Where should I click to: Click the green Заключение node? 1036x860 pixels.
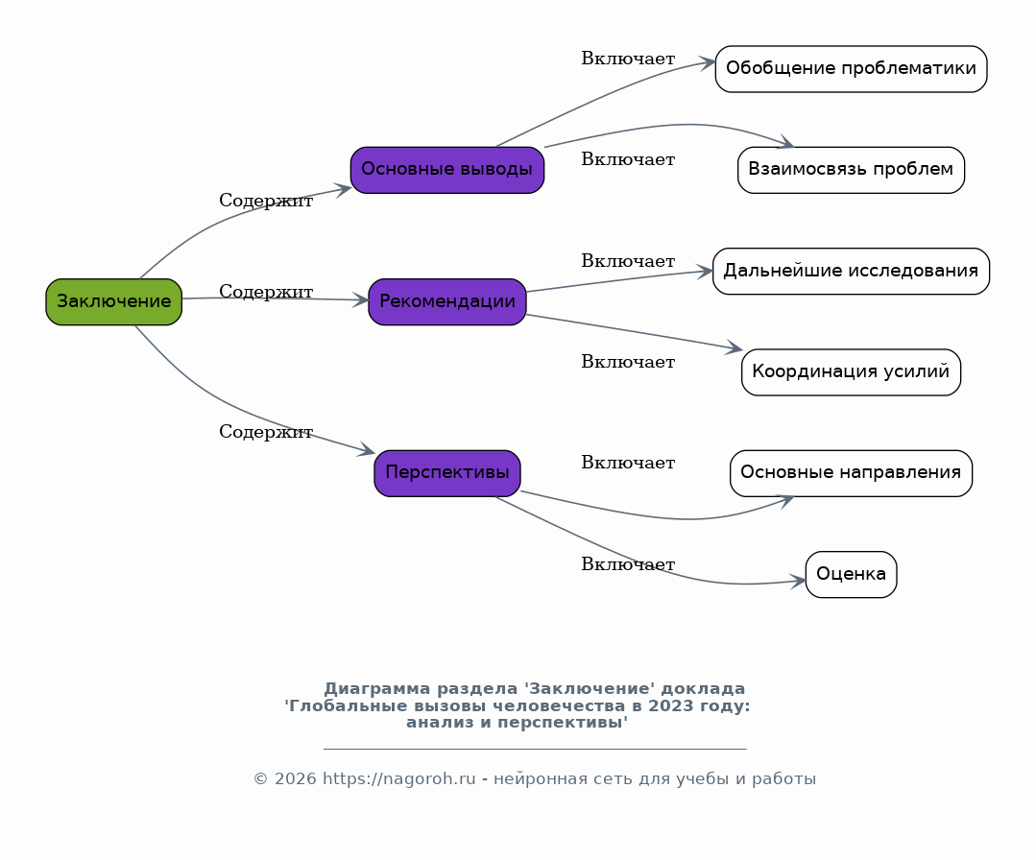coord(113,301)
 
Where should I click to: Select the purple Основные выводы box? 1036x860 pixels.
coord(446,170)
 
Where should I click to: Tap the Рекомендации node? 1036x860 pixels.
coord(446,301)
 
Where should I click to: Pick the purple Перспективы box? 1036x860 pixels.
coord(446,473)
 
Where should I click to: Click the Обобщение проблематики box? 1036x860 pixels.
coord(851,69)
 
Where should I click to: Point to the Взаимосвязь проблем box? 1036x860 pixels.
coord(851,170)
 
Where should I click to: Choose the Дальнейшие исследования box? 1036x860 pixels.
coord(851,271)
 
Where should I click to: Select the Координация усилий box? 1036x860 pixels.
coord(851,372)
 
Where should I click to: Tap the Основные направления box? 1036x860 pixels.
coord(851,473)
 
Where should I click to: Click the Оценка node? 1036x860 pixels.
coord(851,574)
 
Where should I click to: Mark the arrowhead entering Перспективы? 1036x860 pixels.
coord(367,451)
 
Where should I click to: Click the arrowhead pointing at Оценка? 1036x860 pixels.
coord(799,580)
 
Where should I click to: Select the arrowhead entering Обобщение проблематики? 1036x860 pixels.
coord(709,62)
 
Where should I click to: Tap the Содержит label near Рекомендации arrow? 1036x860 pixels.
coord(266,292)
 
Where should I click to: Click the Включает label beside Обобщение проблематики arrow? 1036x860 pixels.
coord(628,59)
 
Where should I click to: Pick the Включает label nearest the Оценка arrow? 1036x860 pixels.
coord(628,564)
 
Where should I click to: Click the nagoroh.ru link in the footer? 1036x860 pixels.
coord(398,779)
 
